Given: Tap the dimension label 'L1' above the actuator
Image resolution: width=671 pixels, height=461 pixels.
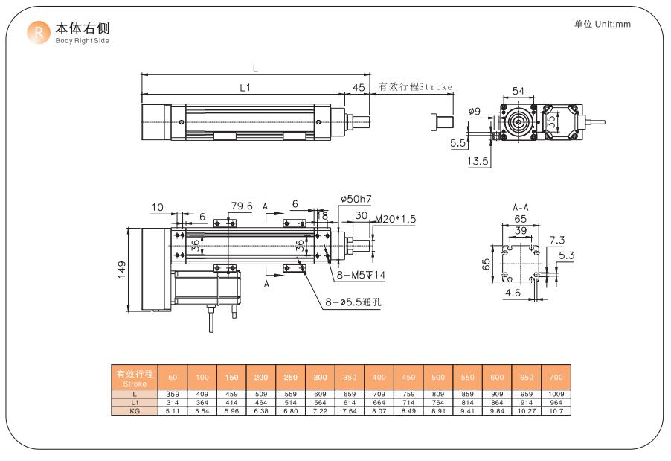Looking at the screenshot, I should click(x=245, y=87).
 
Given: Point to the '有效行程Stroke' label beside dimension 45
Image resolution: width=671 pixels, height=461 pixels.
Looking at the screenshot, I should click(x=415, y=87).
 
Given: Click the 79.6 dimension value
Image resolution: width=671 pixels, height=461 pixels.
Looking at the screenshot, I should click(x=242, y=206).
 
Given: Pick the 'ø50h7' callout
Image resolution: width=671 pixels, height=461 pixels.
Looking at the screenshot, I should click(x=356, y=199).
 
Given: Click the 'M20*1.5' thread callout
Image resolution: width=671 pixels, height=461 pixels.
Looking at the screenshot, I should click(x=395, y=220).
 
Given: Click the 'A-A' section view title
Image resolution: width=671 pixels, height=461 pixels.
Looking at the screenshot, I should click(x=521, y=207).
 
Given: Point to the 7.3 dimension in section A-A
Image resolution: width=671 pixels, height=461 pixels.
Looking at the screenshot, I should click(x=556, y=240).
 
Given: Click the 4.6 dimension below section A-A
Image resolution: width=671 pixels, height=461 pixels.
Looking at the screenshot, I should click(x=513, y=293).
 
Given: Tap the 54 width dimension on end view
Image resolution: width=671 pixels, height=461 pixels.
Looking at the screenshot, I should click(x=518, y=91).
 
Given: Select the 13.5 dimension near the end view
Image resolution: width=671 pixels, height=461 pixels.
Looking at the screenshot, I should click(x=478, y=161).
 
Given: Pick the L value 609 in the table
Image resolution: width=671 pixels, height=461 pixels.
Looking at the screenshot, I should click(x=320, y=393).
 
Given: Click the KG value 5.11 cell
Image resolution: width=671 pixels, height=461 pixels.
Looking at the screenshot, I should click(x=172, y=410).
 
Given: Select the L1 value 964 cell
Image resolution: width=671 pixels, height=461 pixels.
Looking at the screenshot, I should click(x=556, y=401).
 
